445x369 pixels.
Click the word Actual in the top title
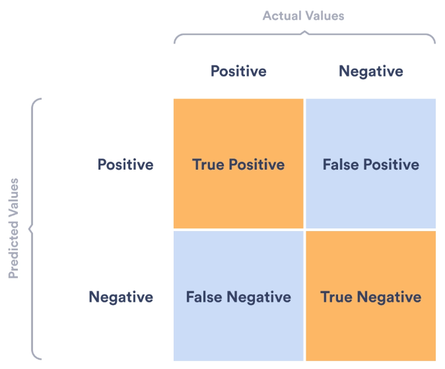coord(283,16)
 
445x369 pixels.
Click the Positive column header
coord(238,71)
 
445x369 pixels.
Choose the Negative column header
coord(371,71)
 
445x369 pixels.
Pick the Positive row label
coord(125,164)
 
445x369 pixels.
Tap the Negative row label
coord(121,297)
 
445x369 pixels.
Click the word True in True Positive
coord(209,164)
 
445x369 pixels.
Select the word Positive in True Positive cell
coord(257,164)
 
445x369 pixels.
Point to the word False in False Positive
coord(341,164)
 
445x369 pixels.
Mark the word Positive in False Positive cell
coord(392,164)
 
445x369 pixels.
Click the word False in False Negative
coord(204,297)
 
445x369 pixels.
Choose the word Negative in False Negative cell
coord(259,297)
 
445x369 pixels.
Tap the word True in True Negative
coord(337,297)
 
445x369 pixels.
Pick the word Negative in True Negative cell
coord(389,297)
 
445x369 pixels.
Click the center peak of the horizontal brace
coord(304,31)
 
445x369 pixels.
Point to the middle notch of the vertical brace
coord(30,228)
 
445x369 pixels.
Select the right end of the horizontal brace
coord(435,43)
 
